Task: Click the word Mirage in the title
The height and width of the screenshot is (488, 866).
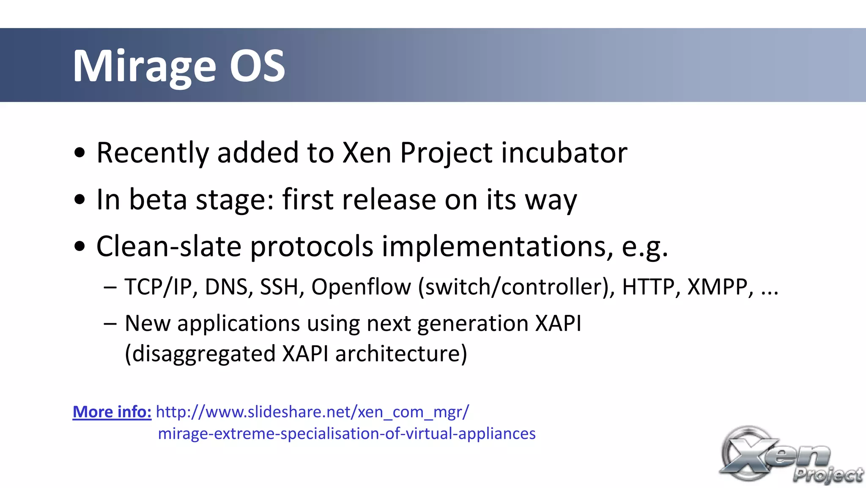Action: tap(144, 66)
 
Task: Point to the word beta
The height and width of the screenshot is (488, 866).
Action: tap(158, 199)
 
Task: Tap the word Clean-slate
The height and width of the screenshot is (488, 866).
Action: tap(169, 246)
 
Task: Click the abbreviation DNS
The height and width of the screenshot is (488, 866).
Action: tap(229, 287)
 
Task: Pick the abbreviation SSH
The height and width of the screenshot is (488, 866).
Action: tap(282, 287)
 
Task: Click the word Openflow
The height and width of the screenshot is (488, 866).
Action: tap(361, 287)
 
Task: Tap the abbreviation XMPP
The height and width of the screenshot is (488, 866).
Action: tap(720, 287)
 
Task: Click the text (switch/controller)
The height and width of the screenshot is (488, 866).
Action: tap(516, 287)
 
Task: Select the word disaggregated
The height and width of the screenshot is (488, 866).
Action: tap(200, 353)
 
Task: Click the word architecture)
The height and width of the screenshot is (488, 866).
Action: tap(401, 353)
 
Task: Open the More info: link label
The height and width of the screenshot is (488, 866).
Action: tap(112, 412)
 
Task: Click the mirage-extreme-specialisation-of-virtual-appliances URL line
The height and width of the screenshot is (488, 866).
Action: tap(346, 433)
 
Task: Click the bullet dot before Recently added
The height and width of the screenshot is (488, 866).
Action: tap(79, 153)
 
